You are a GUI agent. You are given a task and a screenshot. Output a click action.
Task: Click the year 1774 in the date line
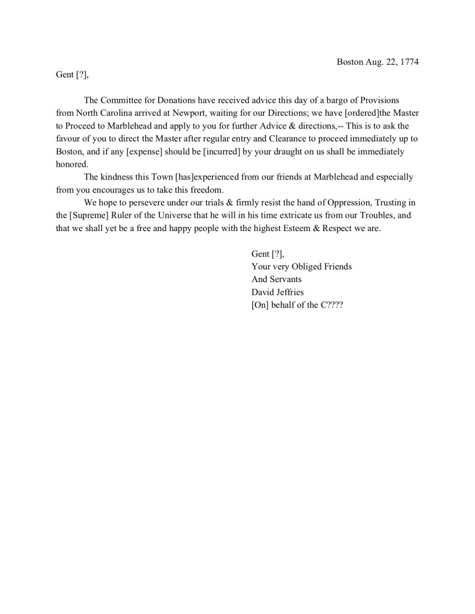tap(408, 62)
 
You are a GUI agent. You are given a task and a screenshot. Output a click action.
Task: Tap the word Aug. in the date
tap(375, 62)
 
